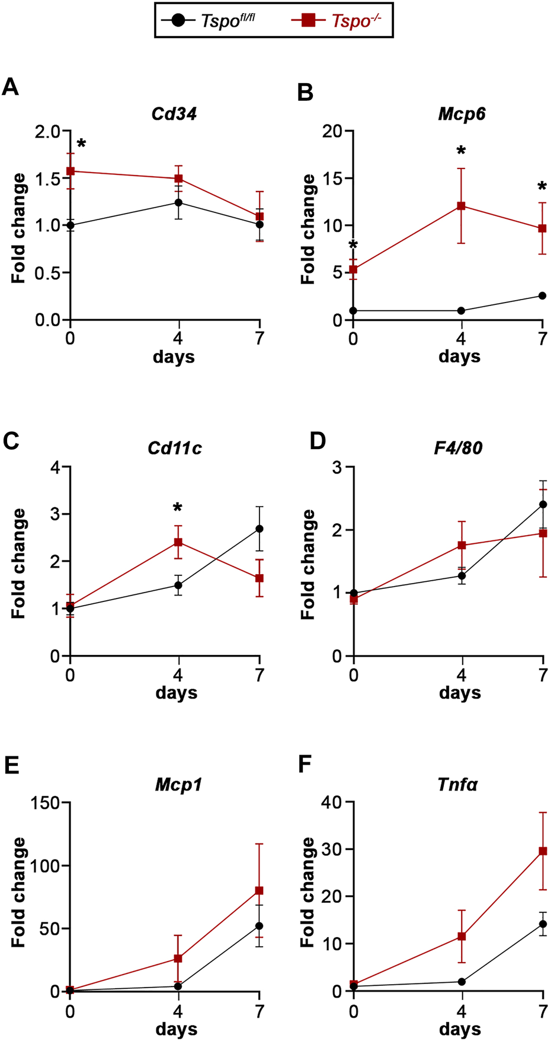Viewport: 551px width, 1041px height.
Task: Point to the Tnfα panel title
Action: (457, 785)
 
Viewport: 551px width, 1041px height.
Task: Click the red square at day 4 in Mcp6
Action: (461, 206)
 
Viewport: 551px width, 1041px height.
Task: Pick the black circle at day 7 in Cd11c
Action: (260, 529)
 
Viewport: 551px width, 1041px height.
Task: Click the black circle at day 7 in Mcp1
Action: (260, 926)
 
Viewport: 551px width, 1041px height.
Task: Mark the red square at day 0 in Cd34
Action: (71, 171)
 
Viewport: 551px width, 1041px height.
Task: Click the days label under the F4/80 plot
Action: (460, 693)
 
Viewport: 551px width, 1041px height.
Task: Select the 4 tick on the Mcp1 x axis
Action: (178, 1011)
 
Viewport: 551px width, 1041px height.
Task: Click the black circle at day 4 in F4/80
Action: (461, 576)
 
